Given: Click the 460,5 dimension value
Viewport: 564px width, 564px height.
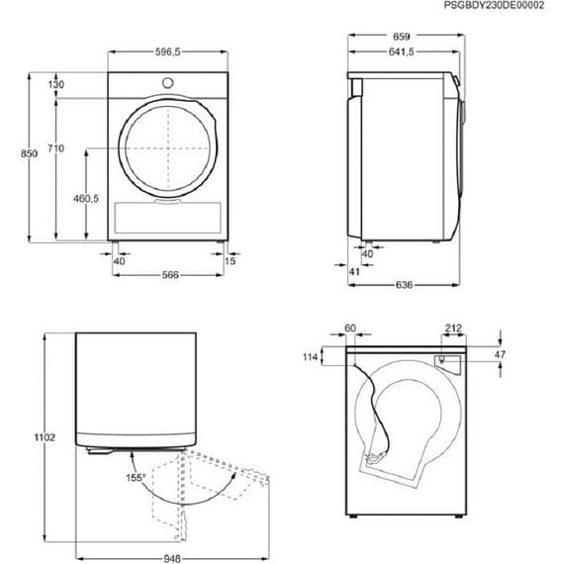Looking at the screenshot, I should point(85,199).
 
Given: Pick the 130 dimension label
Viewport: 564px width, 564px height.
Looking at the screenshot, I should point(55,86).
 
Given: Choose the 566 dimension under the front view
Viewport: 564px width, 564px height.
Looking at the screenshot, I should point(168,274).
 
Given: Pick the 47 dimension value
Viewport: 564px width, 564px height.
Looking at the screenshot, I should point(499,353).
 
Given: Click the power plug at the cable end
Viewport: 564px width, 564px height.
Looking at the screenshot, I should point(374,457).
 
